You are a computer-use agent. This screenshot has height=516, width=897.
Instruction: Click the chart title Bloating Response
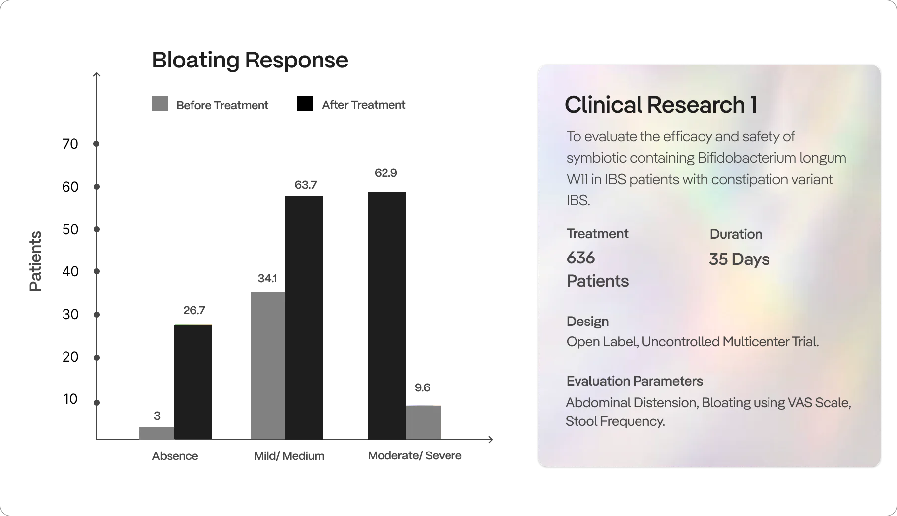250,60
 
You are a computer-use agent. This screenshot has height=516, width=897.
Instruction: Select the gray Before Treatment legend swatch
160,104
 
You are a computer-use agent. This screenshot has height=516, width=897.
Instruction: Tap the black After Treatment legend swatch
305,104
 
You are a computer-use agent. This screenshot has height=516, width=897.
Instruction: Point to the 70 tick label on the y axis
70,144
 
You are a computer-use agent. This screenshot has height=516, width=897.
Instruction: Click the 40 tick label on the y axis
70,271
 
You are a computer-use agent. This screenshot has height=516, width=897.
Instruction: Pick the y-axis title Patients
35,261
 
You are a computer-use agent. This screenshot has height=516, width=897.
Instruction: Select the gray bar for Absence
157,433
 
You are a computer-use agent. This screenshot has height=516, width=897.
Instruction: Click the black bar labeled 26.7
193,382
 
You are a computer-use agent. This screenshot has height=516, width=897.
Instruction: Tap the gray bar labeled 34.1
268,366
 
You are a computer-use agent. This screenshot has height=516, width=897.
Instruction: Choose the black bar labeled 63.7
304,318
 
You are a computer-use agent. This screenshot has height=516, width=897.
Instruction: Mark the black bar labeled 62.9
386,316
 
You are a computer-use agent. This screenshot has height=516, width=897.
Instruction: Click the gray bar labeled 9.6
423,423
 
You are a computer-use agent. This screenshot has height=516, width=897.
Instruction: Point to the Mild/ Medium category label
289,456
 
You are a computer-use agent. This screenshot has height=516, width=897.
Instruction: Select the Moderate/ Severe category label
415,455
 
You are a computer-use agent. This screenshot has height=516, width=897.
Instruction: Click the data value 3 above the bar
157,416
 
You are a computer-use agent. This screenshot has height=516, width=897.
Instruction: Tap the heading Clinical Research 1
661,105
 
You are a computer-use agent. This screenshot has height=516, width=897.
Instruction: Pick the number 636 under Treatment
581,258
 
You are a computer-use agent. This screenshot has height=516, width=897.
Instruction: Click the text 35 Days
739,259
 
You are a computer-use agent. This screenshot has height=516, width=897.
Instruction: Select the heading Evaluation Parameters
635,381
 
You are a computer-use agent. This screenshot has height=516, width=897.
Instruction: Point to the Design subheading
587,322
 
